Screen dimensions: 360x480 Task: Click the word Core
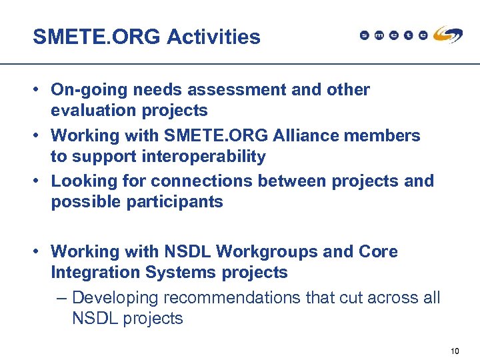point(378,252)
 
